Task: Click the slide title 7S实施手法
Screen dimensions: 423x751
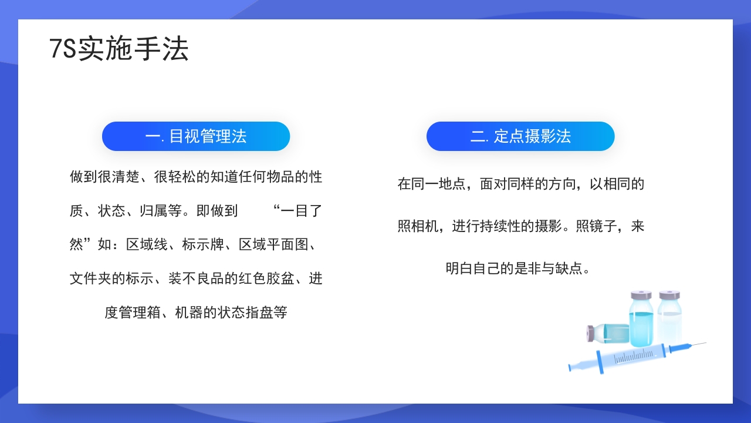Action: (x=119, y=49)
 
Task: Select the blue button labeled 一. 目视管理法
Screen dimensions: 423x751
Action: (x=196, y=136)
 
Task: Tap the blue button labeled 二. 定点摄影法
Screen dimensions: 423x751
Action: (x=520, y=136)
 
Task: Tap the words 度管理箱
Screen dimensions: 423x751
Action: (x=133, y=313)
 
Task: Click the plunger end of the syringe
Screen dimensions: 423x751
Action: (x=571, y=368)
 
